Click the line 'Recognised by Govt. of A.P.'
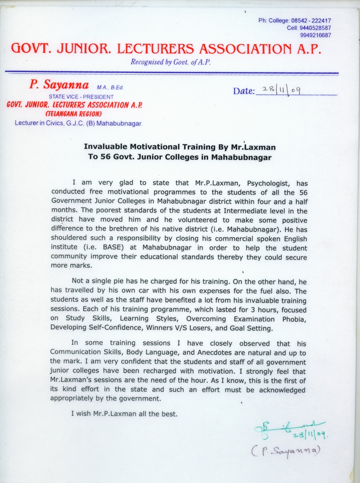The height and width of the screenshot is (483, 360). tap(170, 62)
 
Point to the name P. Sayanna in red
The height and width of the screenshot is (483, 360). tap(59, 85)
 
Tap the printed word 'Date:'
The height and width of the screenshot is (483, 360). tap(244, 91)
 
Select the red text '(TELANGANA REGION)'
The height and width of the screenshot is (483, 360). tap(73, 114)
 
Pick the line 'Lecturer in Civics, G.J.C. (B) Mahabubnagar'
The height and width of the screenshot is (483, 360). tap(79, 123)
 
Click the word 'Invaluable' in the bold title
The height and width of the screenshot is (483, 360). tap(105, 147)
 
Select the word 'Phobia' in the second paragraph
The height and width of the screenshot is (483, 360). tap(295, 319)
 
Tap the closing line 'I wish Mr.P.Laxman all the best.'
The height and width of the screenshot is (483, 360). tap(124, 414)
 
